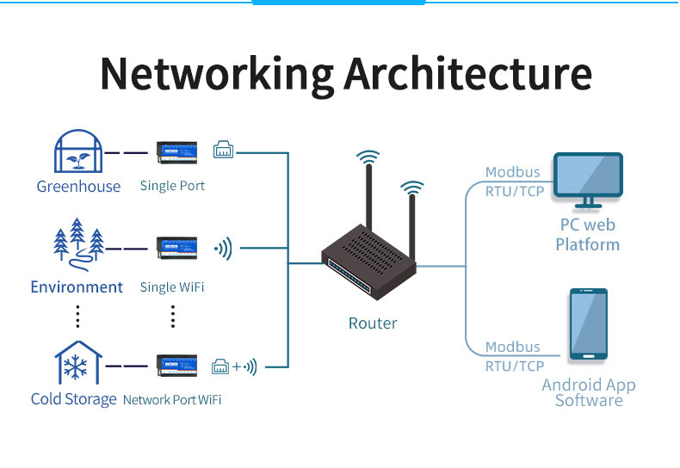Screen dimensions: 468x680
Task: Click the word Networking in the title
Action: [x=217, y=75]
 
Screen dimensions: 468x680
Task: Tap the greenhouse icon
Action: [x=78, y=152]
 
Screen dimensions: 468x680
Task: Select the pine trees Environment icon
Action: [x=78, y=244]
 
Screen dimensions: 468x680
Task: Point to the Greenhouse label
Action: [x=78, y=186]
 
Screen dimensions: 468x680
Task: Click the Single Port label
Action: [x=172, y=186]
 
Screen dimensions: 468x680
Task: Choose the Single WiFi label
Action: [x=172, y=286]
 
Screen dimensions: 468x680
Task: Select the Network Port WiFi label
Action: [x=172, y=399]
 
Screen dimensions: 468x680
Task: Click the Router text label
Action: [x=373, y=323]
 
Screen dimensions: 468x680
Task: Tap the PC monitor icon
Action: [x=588, y=180]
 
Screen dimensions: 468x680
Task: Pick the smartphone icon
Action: [x=589, y=324]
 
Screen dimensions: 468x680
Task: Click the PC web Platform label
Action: [x=587, y=235]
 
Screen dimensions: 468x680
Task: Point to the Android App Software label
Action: [x=589, y=392]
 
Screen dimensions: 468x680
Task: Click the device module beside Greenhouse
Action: [x=177, y=152]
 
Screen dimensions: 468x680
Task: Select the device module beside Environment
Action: [x=177, y=248]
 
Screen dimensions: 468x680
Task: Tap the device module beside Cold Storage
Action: [x=177, y=366]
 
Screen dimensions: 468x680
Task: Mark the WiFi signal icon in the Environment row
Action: [x=224, y=249]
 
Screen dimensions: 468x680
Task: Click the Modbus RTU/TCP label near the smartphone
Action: [x=513, y=356]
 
